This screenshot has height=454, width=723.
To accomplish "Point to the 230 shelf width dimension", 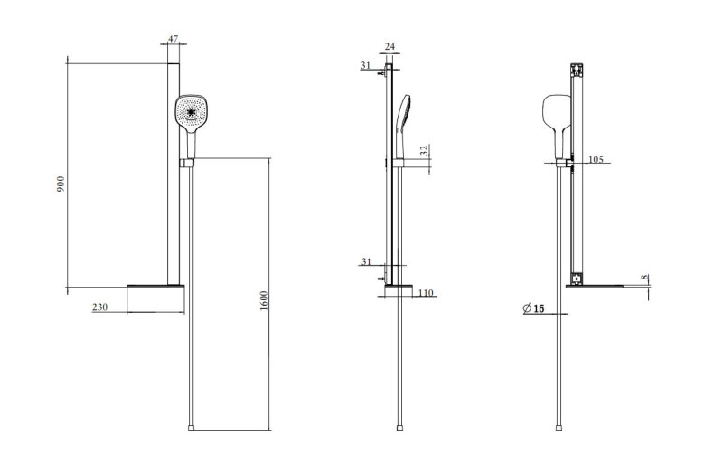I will click(100, 307).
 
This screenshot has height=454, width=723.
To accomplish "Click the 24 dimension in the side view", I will click(390, 46).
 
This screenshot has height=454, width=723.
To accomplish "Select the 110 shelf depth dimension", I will click(427, 292).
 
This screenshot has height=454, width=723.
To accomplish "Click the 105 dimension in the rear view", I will click(595, 159).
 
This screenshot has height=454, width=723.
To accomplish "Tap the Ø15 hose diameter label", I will click(533, 309).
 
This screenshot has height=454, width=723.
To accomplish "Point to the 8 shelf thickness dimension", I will click(644, 278).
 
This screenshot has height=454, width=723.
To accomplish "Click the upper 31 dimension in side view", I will click(365, 65).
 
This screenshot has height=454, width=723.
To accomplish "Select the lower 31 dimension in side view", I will click(365, 261).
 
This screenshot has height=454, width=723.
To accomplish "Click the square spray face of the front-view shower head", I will click(192, 112).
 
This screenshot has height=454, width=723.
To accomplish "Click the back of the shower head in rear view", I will click(553, 113).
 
